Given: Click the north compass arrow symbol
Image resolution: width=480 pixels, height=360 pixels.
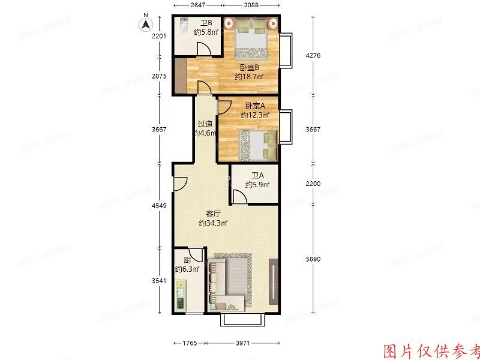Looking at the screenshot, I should click(145, 25).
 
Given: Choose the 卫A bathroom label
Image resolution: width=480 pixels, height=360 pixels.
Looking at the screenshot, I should click(257, 176).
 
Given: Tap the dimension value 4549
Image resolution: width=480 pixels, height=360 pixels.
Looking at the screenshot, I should click(159, 206).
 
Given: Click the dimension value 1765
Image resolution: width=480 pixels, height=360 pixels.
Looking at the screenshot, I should click(188, 343).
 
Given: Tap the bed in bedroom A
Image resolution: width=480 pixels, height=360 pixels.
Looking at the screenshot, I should click(255, 145).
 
